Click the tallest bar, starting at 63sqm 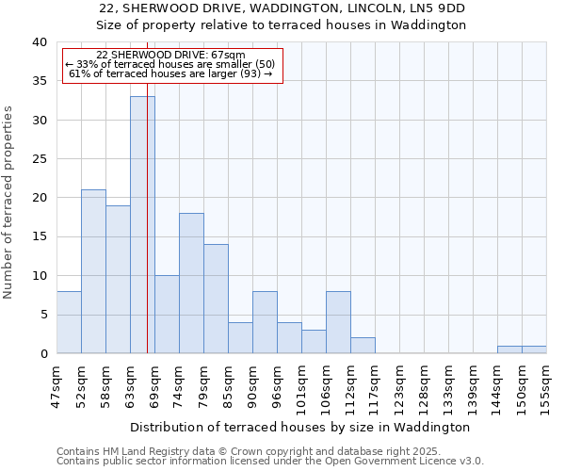[x=142, y=225]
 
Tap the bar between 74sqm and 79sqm [x=191, y=283]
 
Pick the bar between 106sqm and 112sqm [x=338, y=322]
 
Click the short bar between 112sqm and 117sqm [x=363, y=346]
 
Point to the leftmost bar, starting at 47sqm [x=69, y=322]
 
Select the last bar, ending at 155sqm [x=534, y=349]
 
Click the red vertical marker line [x=148, y=235]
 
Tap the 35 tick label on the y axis [x=39, y=81]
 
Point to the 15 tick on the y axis [x=39, y=236]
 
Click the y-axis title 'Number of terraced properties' [x=8, y=202]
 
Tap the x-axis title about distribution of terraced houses [x=299, y=427]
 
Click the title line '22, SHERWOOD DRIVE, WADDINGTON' [x=282, y=8]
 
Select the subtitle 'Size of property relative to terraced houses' [x=282, y=24]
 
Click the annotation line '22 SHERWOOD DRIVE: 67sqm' [x=170, y=56]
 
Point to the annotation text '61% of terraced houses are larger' [x=170, y=73]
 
